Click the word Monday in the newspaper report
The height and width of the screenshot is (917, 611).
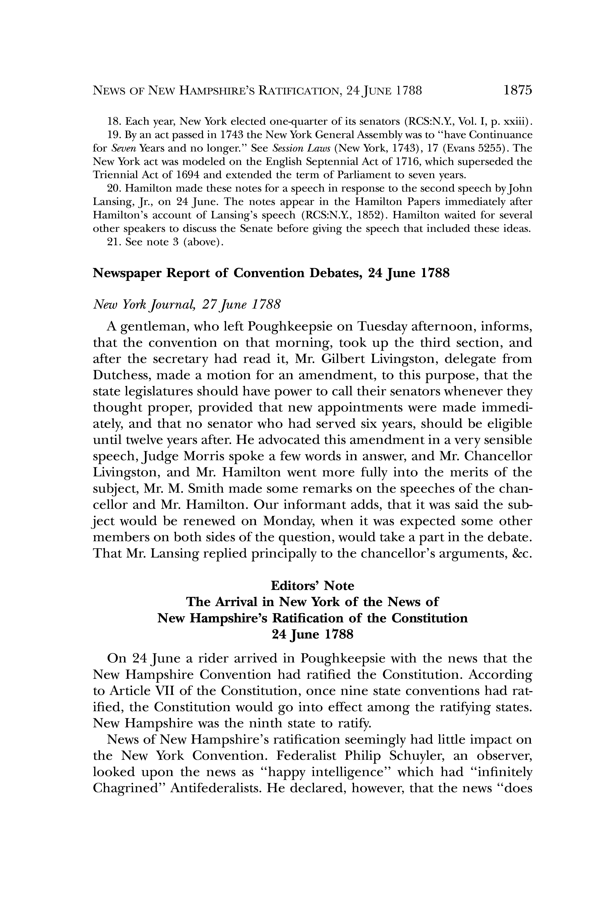pyautogui.click(x=288, y=521)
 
